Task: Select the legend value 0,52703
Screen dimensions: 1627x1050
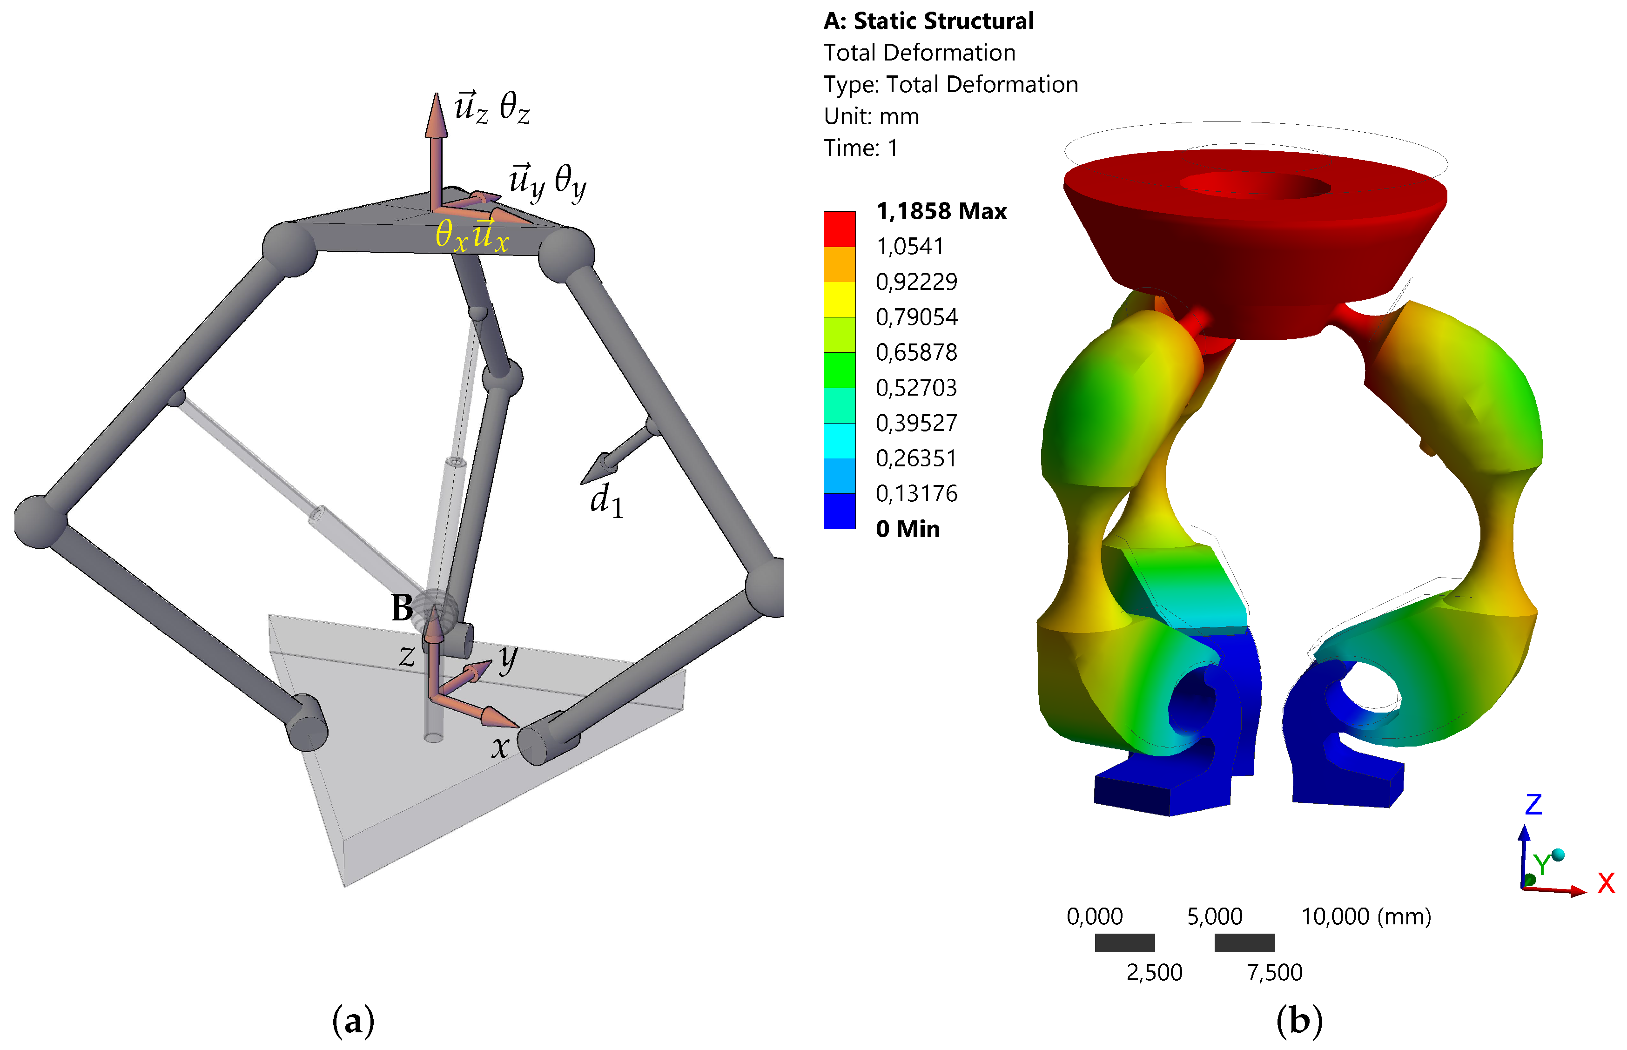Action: (x=916, y=388)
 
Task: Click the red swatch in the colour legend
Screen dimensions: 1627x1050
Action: (x=839, y=229)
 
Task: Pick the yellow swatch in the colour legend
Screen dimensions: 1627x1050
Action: (x=839, y=299)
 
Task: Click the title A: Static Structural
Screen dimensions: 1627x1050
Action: (x=928, y=21)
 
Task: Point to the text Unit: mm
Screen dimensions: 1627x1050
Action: (x=871, y=117)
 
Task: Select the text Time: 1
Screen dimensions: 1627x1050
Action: (x=861, y=148)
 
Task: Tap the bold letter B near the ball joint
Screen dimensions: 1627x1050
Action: (x=402, y=607)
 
